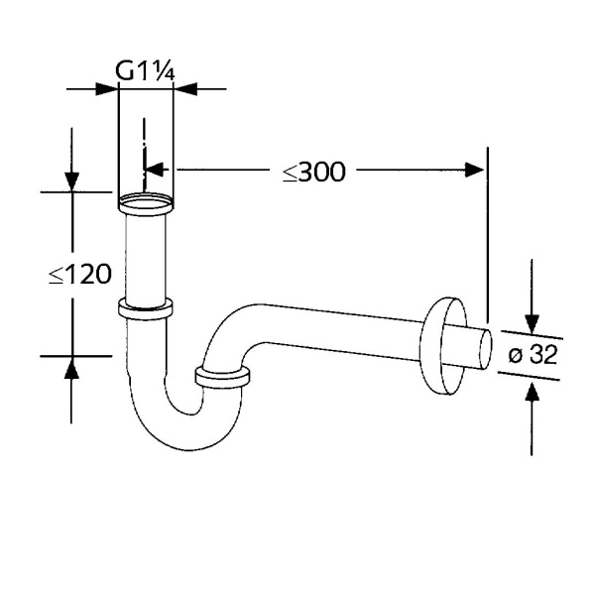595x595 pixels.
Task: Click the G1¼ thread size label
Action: [146, 70]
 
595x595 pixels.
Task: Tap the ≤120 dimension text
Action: [79, 275]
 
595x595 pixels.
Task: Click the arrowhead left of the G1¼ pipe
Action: [108, 88]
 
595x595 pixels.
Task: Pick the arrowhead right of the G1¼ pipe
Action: [183, 88]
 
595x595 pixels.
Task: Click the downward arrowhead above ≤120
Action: [71, 180]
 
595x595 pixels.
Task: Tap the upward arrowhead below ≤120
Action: [71, 367]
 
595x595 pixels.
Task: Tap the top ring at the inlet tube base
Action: [145, 206]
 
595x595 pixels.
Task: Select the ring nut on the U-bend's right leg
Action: [223, 378]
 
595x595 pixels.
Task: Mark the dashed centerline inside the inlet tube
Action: [145, 149]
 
